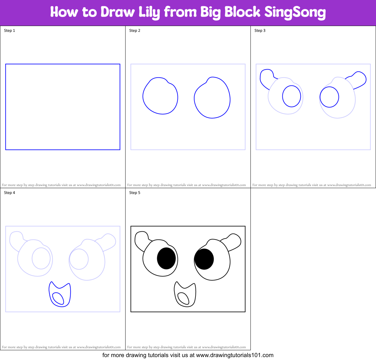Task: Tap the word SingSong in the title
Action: click(295, 12)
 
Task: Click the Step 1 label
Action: click(9, 31)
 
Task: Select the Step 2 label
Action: click(135, 31)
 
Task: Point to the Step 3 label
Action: click(260, 31)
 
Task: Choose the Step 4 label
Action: click(9, 193)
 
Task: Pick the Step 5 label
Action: click(135, 193)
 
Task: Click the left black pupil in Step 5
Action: click(166, 258)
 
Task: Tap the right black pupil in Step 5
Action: click(204, 259)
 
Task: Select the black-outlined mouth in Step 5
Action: click(185, 294)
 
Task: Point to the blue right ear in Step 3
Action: click(358, 79)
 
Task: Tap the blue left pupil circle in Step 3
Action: click(291, 96)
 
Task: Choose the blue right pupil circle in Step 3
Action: click(329, 97)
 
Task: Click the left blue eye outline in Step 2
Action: click(160, 96)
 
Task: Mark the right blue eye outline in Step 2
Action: click(212, 98)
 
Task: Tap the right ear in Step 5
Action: click(233, 241)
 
